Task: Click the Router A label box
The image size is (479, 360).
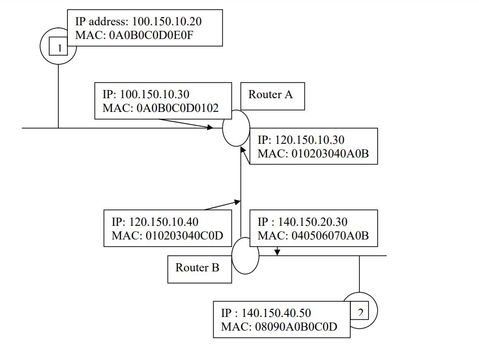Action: (272, 96)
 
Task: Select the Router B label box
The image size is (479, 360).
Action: (199, 269)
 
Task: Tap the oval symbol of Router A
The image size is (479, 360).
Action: (236, 128)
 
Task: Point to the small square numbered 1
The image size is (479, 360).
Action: (59, 48)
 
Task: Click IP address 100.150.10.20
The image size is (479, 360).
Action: (170, 22)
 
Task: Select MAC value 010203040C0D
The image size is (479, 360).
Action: (185, 235)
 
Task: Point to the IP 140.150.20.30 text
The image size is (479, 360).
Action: (312, 222)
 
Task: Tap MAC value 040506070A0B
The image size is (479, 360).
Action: (331, 235)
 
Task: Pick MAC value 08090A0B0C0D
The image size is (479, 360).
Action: (295, 327)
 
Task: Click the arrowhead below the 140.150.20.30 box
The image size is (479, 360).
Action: (277, 252)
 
